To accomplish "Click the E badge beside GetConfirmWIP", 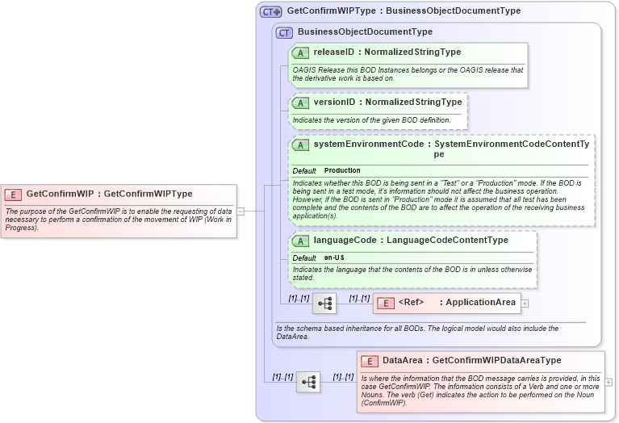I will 13,194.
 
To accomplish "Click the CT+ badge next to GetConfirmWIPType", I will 270,11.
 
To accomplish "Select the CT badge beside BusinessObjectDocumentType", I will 284,32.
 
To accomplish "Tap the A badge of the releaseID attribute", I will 300,52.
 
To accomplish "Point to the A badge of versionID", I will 300,103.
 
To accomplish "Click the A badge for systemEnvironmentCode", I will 300,145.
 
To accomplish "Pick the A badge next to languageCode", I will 300,241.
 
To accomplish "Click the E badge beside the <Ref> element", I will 386,303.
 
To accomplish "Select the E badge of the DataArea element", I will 370,361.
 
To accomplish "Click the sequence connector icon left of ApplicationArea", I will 324,304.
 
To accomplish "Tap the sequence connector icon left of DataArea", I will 308,381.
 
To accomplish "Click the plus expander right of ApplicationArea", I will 525,304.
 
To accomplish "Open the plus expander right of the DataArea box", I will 609,382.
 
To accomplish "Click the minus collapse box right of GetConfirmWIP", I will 240,211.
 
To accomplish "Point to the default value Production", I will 342,171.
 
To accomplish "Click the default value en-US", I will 334,258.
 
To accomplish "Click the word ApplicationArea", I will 480,303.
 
